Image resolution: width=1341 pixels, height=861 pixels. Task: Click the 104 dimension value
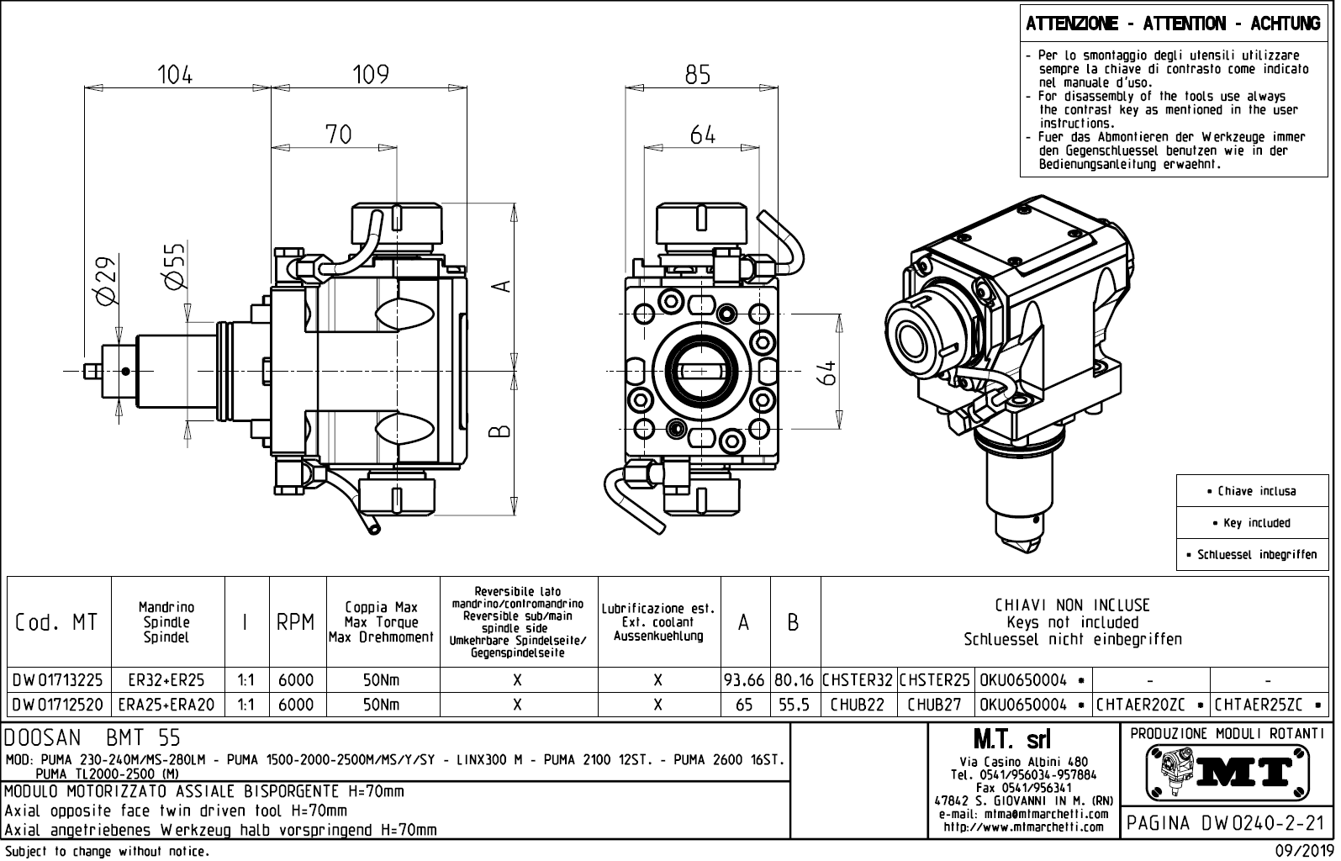tap(175, 75)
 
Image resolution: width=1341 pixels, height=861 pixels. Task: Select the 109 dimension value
tap(371, 75)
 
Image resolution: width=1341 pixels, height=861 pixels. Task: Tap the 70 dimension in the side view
tap(338, 135)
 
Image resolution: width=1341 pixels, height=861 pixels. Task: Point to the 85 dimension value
tap(697, 75)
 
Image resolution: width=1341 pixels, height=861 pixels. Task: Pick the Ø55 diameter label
tap(175, 267)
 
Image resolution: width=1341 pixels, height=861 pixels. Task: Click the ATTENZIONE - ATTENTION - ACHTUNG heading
tap(1172, 24)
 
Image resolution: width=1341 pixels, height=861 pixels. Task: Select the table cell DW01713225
tap(59, 680)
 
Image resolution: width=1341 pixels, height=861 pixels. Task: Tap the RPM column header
tap(296, 623)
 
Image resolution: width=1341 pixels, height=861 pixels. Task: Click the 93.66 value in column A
tap(744, 680)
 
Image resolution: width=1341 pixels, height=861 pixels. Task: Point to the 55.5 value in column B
tap(794, 705)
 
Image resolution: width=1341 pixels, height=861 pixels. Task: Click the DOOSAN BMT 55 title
tap(92, 738)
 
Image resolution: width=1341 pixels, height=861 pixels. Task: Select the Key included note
tap(1256, 523)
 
